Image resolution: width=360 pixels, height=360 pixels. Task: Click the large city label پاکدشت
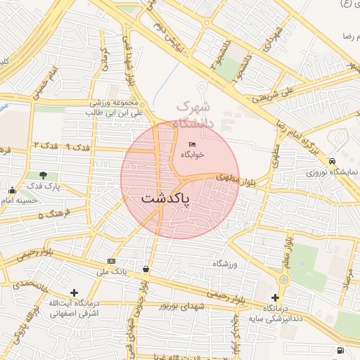pyautogui.click(x=166, y=198)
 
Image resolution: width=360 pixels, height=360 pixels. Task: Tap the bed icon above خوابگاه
pyautogui.click(x=192, y=144)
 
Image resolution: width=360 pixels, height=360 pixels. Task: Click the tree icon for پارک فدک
pyautogui.click(x=44, y=175)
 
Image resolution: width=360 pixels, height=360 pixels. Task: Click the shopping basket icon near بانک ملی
pyautogui.click(x=146, y=268)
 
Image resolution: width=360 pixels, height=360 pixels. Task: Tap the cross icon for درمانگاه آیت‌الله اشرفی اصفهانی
pyautogui.click(x=74, y=292)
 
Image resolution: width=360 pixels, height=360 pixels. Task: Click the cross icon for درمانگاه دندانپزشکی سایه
pyautogui.click(x=276, y=297)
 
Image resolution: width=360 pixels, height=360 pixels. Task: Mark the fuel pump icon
pyautogui.click(x=341, y=349)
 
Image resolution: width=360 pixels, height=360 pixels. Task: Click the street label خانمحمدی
pyautogui.click(x=25, y=285)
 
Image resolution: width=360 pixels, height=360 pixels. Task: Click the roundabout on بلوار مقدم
pyautogui.click(x=283, y=279)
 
